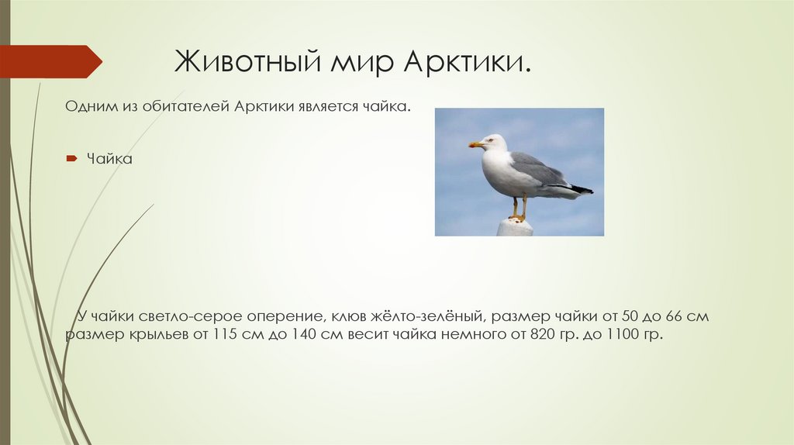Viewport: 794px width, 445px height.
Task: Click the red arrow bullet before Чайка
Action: [x=71, y=159]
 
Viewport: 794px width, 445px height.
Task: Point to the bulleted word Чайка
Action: [x=110, y=159]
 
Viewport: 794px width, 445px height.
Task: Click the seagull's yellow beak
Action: [x=475, y=144]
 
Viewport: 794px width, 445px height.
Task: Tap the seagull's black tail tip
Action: [x=582, y=189]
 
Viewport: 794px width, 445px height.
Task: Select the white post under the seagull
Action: [x=515, y=227]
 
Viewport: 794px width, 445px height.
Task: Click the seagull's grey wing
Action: [x=538, y=168]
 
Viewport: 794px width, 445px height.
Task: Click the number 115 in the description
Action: [x=229, y=336]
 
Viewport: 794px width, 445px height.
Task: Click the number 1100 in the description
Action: [x=620, y=336]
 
